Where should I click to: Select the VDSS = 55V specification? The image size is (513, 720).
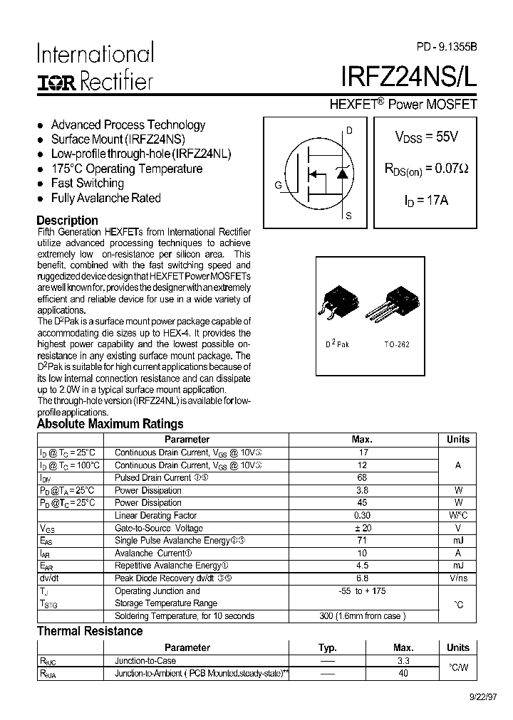[x=426, y=137]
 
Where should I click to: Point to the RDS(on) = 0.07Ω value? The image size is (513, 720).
[x=426, y=169]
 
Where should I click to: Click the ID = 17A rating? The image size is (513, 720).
[x=426, y=201]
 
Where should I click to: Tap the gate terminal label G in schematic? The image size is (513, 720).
[x=278, y=186]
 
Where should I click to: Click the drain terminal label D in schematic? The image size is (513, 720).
[x=349, y=130]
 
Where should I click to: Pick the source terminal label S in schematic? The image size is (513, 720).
[x=348, y=215]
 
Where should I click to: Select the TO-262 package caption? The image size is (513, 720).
[x=397, y=344]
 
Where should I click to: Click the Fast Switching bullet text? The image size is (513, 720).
[x=88, y=184]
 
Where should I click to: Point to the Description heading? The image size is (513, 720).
[x=67, y=221]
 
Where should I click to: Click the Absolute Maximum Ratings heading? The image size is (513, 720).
[x=110, y=424]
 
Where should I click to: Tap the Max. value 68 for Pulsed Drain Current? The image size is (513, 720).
[x=362, y=477]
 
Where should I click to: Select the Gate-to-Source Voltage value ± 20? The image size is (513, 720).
[x=362, y=528]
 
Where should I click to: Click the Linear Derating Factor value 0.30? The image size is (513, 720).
[x=362, y=515]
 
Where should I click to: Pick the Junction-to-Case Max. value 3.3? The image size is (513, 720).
[x=403, y=661]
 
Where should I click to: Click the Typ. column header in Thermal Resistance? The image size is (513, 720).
[x=327, y=647]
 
